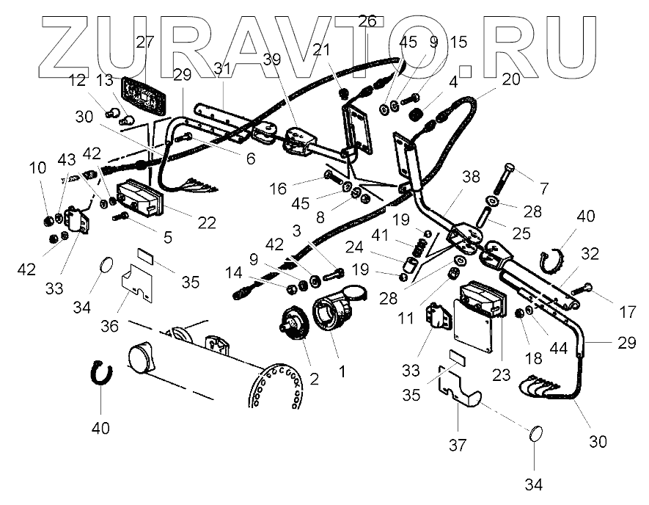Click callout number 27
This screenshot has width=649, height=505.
click(x=145, y=43)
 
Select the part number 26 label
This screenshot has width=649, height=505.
click(x=367, y=21)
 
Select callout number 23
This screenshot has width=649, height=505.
click(x=502, y=372)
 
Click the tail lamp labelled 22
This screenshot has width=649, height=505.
click(x=141, y=200)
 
